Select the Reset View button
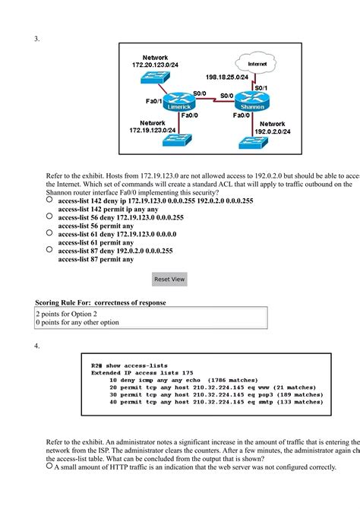169,279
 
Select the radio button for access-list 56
49,217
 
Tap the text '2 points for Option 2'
67,313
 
